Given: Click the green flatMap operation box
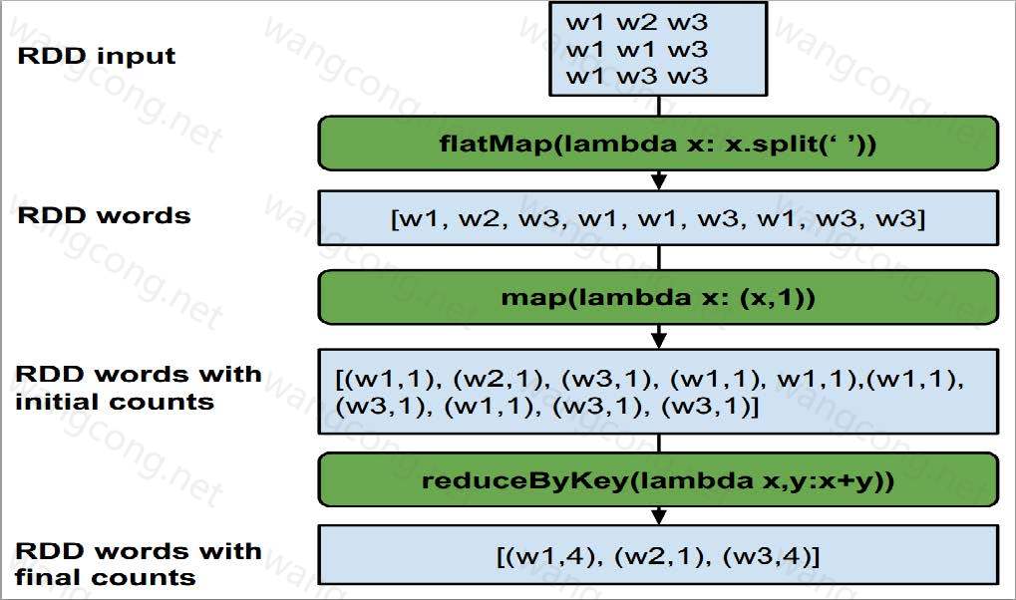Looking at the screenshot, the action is [x=658, y=144].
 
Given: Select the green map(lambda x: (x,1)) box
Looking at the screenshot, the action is [x=658, y=297].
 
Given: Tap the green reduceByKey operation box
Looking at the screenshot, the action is [x=658, y=479].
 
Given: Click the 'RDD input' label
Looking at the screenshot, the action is [x=97, y=57].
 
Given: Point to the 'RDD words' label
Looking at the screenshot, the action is [x=104, y=215].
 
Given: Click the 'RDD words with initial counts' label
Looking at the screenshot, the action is [x=138, y=388].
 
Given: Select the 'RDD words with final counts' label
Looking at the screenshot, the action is [x=138, y=564].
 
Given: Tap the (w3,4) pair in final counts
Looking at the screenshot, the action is [x=767, y=556].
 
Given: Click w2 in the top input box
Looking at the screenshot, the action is [x=636, y=23].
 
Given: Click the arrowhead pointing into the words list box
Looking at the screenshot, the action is [x=659, y=181].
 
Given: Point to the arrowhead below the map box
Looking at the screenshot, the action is [x=659, y=339].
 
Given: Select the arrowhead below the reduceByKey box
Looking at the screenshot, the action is [x=659, y=516].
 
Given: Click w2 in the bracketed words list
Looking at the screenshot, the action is [x=479, y=218].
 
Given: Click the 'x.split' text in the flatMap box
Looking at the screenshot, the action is [x=771, y=144].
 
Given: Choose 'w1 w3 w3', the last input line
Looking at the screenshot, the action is [x=636, y=76].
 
